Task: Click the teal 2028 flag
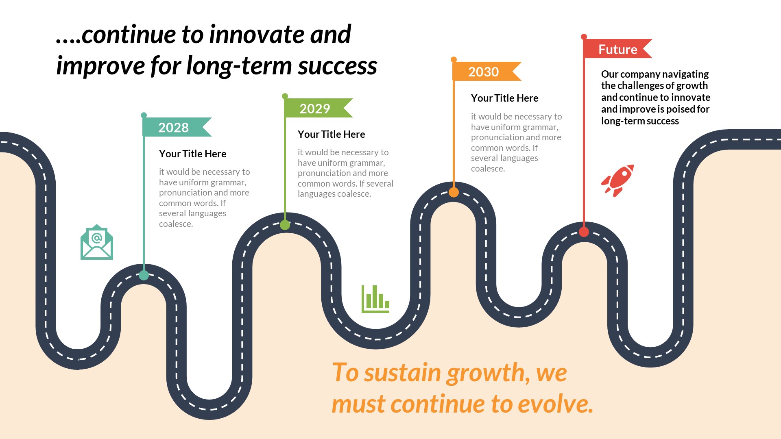[x=175, y=127]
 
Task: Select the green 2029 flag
[x=316, y=108]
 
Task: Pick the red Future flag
[x=616, y=49]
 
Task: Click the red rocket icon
[x=618, y=181]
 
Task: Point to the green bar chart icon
[x=375, y=300]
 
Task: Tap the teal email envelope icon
[x=97, y=243]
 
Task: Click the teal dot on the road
[x=144, y=275]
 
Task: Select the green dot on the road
[x=285, y=225]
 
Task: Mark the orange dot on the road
[x=454, y=192]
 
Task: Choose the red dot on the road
[x=584, y=232]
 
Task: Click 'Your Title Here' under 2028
[x=192, y=154]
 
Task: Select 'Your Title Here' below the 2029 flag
[x=331, y=134]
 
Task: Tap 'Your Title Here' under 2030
[x=504, y=98]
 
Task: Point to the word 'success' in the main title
[x=337, y=66]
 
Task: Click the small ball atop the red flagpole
[x=584, y=37]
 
